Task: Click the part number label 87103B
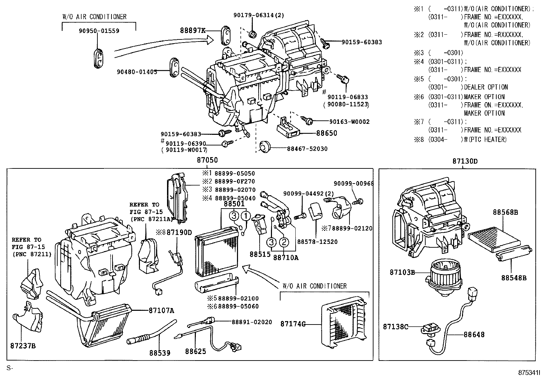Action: click(402, 272)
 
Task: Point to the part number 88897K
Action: click(192, 31)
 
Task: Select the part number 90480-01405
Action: click(137, 72)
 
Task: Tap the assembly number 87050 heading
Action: click(207, 160)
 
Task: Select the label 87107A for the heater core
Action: click(161, 311)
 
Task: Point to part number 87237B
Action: click(24, 345)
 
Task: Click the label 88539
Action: click(159, 352)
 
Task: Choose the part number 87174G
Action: click(293, 324)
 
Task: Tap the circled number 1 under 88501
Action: click(246, 216)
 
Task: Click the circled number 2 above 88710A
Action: click(284, 242)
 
